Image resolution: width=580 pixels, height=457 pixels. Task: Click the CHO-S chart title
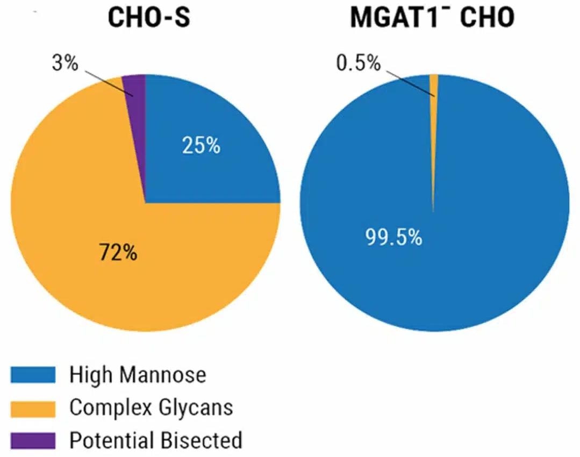click(x=149, y=18)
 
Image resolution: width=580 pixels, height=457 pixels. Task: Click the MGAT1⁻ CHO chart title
click(x=432, y=18)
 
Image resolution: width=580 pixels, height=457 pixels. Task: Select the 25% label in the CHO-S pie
click(x=201, y=146)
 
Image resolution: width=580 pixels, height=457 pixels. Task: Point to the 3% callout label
click(x=65, y=63)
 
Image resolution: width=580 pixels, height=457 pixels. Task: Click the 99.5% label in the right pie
click(x=393, y=237)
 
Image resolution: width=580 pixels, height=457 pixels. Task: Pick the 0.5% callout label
click(x=358, y=63)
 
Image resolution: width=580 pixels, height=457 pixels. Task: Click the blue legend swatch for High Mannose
click(x=33, y=374)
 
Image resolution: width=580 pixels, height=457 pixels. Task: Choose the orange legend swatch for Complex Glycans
click(x=33, y=407)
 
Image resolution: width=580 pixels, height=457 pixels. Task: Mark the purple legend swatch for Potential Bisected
click(x=33, y=440)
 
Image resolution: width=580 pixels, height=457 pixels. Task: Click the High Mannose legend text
click(x=138, y=375)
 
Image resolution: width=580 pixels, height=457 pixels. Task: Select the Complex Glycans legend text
click(x=151, y=408)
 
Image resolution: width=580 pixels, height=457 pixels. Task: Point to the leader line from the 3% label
click(x=108, y=81)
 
